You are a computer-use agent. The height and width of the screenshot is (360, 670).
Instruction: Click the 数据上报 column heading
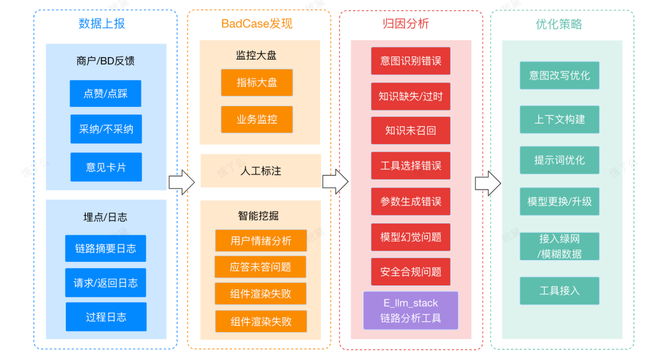click(102, 24)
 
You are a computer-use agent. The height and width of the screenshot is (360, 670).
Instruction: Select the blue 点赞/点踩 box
click(105, 94)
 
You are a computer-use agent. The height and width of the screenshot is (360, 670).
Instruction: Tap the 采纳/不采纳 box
click(105, 129)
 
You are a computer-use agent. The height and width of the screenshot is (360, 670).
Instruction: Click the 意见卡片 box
click(105, 167)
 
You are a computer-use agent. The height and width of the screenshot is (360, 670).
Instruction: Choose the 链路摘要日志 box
click(105, 248)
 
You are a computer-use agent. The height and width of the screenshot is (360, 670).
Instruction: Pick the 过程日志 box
click(105, 317)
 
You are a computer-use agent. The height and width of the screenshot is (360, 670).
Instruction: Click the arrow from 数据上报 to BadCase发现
click(181, 182)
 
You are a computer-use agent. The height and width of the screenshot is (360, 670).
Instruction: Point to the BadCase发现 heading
click(257, 24)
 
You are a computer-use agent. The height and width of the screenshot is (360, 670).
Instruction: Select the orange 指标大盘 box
click(257, 83)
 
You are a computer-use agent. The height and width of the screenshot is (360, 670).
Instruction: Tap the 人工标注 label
click(261, 171)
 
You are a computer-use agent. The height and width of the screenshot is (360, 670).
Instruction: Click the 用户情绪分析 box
click(261, 241)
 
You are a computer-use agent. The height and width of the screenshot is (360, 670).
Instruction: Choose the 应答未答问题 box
click(261, 267)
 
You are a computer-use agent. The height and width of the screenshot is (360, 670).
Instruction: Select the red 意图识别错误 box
click(411, 61)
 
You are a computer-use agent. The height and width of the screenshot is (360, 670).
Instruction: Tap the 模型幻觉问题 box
click(411, 237)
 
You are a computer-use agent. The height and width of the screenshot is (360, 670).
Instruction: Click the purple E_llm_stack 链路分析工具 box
click(411, 310)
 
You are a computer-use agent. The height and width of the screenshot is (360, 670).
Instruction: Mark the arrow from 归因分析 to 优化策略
click(488, 183)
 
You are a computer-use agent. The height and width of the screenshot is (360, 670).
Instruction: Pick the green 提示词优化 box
click(560, 160)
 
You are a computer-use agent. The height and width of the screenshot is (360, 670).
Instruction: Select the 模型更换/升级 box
click(560, 202)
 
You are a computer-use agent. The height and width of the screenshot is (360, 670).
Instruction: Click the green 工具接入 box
click(560, 290)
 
